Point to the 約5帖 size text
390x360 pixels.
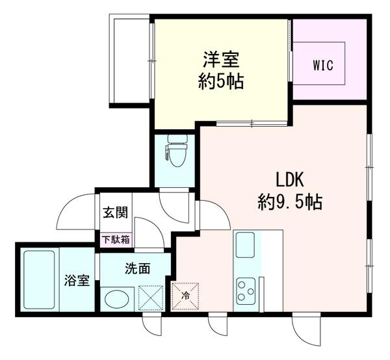[221, 83]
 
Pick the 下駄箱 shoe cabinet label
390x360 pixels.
[115, 238]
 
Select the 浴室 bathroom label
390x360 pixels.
[77, 281]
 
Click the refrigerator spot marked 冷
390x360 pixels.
[185, 296]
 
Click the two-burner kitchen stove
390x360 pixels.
[247, 289]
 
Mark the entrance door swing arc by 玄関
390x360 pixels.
[75, 211]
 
